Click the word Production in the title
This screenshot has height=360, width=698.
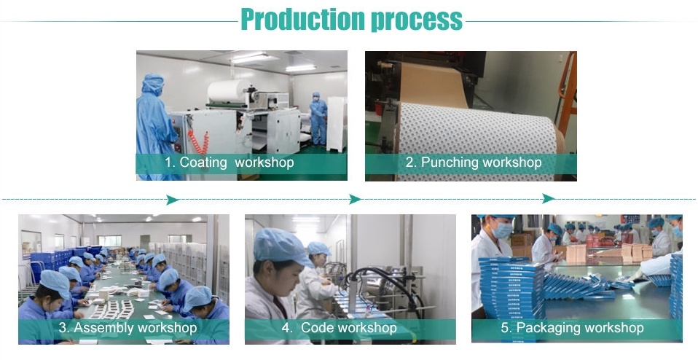(x=302, y=20)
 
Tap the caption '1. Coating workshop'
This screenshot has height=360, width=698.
(x=230, y=163)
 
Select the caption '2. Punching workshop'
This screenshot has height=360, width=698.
(x=473, y=163)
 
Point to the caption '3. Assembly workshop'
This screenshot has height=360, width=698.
(x=128, y=328)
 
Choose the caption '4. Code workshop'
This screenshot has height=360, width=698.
(x=340, y=328)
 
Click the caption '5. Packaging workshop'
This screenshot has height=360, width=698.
(x=572, y=328)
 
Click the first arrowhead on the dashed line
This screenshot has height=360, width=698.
(x=173, y=200)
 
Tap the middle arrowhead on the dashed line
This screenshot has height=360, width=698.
(x=355, y=199)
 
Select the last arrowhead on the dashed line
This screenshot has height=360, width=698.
(x=549, y=199)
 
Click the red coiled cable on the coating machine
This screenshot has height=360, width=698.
(x=198, y=141)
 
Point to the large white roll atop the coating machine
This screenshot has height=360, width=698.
(x=227, y=91)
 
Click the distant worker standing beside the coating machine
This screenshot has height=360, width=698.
(x=318, y=119)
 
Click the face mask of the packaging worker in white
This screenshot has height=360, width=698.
(x=503, y=230)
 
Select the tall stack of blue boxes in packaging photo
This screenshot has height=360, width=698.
(x=512, y=289)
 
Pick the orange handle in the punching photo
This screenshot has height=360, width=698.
(x=567, y=89)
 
